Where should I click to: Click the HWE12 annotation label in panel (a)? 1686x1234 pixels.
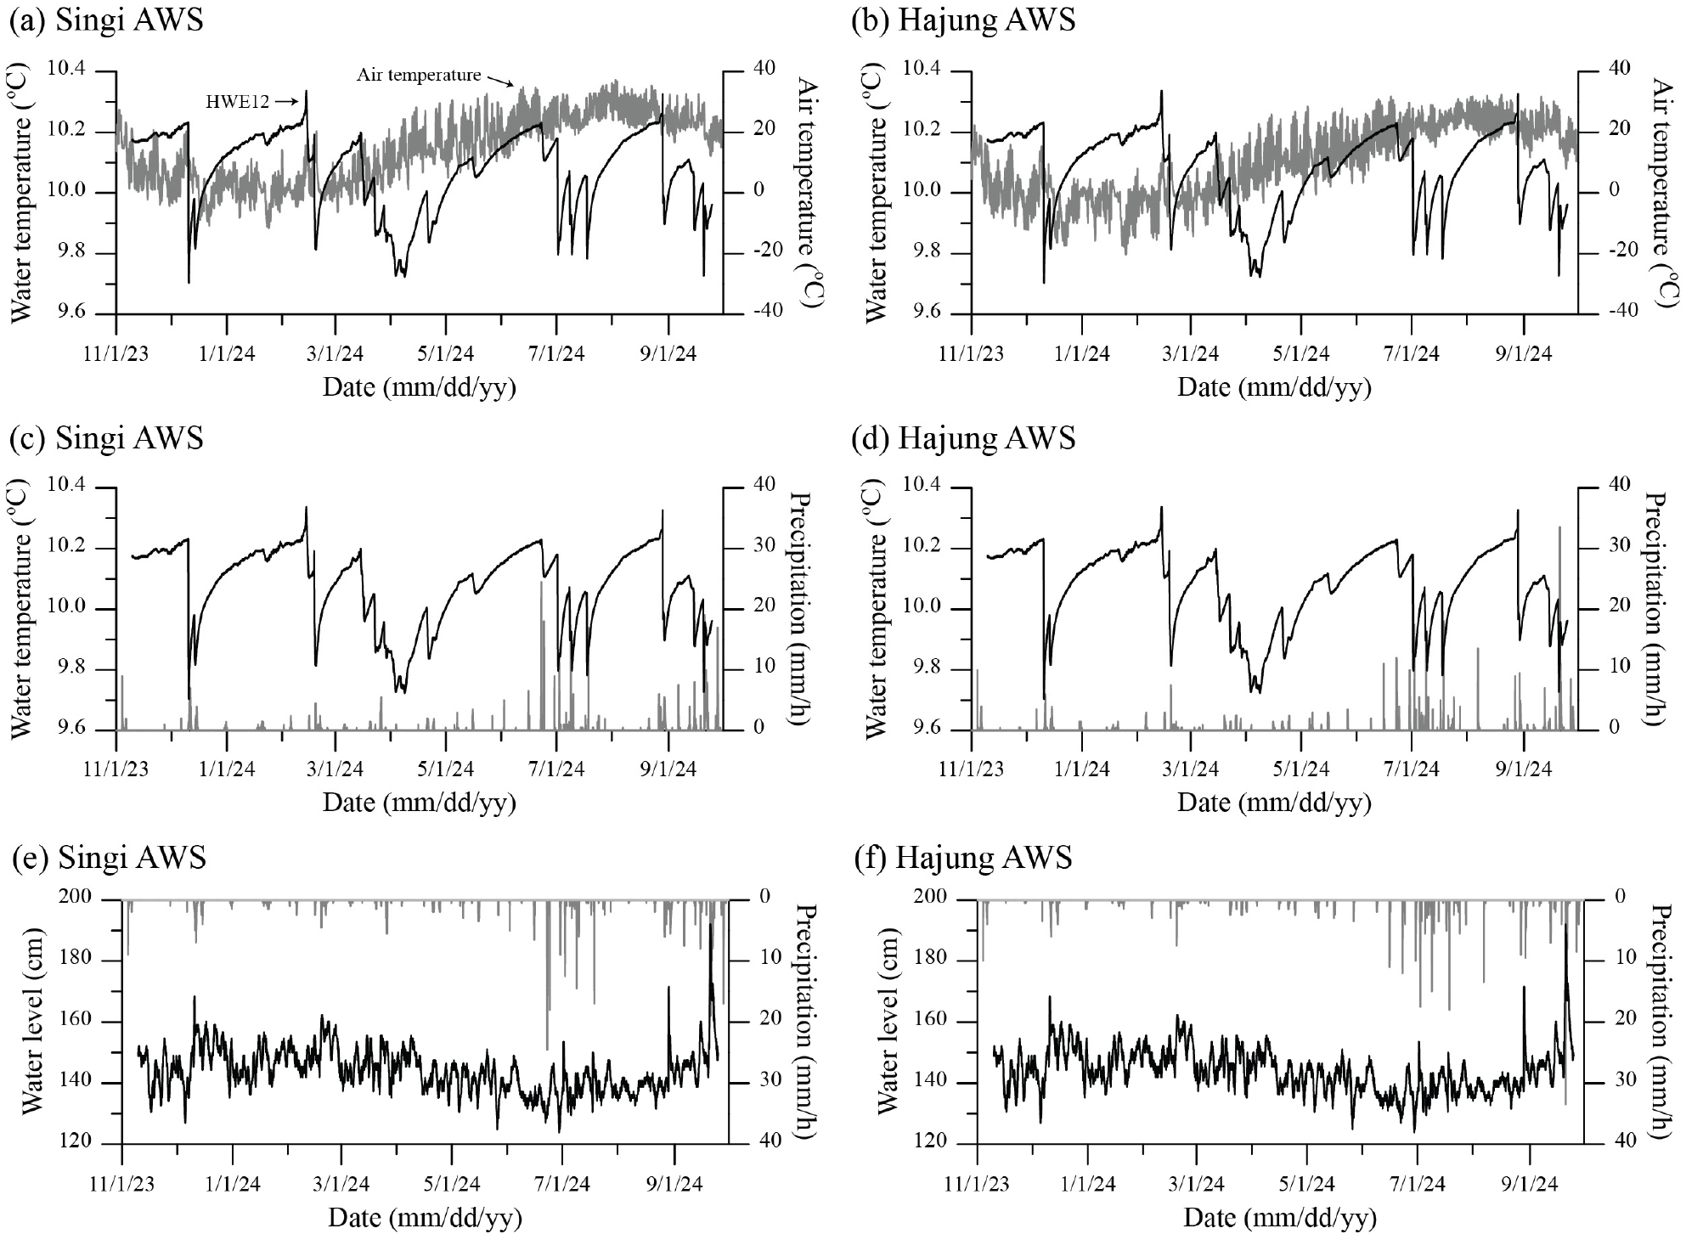pos(237,102)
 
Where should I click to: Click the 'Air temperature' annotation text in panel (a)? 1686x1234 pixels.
pos(418,76)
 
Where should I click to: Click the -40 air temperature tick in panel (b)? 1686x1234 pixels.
pos(1618,312)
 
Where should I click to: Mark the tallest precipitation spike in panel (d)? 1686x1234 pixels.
pos(1559,528)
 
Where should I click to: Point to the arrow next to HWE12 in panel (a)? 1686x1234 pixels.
pos(287,102)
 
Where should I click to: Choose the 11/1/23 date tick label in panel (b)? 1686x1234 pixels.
pos(971,352)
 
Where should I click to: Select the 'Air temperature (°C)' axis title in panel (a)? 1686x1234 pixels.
pos(806,192)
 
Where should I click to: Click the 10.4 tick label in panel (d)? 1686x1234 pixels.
pos(924,487)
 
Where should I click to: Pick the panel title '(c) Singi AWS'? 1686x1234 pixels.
pos(105,439)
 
